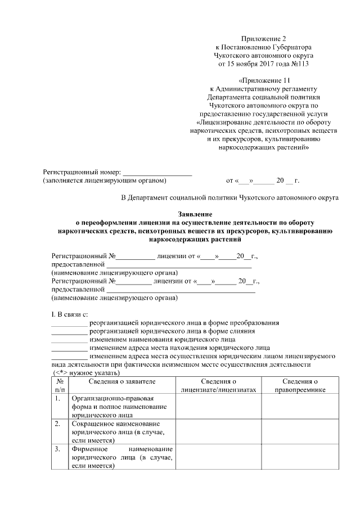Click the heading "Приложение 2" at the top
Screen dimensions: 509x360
tap(264, 38)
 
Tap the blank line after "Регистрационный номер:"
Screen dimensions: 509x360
tap(157, 172)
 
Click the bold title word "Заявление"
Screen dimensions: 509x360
tap(195, 214)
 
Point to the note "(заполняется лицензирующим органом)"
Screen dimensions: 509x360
tap(105, 181)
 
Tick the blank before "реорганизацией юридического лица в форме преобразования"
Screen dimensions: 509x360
tap(69, 323)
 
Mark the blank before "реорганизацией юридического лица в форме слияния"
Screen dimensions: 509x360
tap(69, 332)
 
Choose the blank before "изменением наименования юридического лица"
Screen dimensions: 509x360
tap(69, 340)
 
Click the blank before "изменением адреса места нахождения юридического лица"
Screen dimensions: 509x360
tap(69, 348)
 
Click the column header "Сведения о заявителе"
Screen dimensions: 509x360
tap(122, 381)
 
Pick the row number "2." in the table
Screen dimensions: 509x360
tap(58, 424)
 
